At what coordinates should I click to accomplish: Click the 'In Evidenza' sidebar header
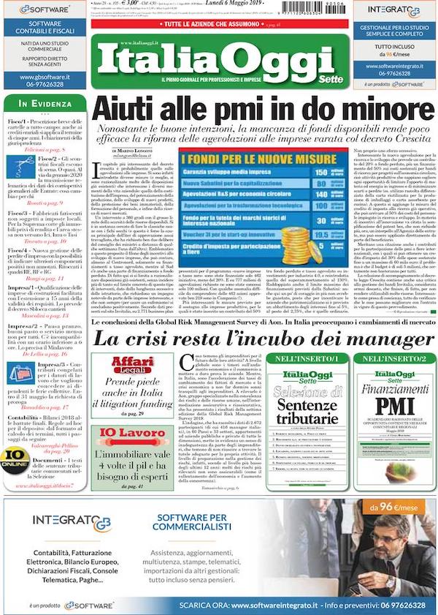[x=45, y=105]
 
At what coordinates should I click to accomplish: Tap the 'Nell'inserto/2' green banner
[x=393, y=359]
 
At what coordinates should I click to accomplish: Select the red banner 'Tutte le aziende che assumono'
[x=218, y=25]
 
